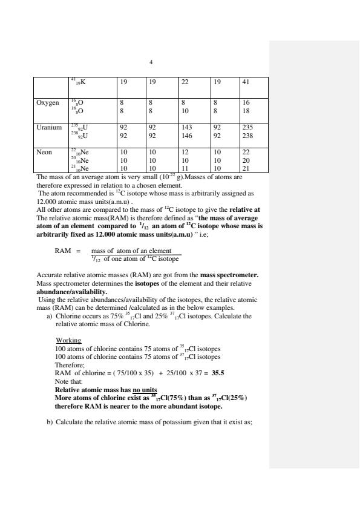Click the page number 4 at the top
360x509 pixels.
(151, 62)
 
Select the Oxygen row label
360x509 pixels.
(48, 103)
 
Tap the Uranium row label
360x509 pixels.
(49, 128)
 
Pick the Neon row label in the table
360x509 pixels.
(45, 153)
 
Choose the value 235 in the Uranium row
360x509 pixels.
(249, 128)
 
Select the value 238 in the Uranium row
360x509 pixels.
(249, 136)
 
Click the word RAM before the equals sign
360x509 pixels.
(63, 251)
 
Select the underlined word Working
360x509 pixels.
(68, 340)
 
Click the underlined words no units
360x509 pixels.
(145, 390)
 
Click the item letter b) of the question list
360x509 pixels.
(50, 422)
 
